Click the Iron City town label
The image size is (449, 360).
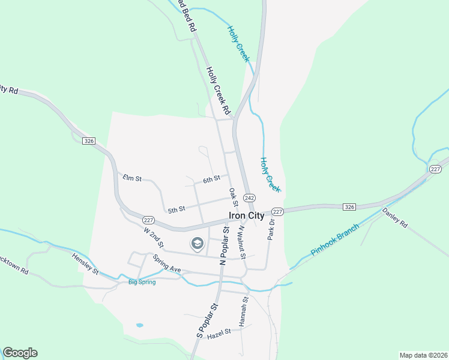(246, 216)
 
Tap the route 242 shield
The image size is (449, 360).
(250, 198)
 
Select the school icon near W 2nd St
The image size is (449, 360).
(196, 244)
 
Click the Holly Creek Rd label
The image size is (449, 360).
(218, 91)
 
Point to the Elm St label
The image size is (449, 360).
(131, 178)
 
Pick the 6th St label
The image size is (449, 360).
(212, 179)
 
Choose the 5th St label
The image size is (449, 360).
(176, 209)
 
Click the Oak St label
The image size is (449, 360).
(233, 196)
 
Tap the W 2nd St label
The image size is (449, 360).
(153, 236)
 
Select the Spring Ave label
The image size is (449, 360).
(166, 265)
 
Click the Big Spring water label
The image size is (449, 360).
(142, 282)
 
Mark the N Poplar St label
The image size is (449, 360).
(224, 245)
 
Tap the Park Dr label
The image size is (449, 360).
(271, 230)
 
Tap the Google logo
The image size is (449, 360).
(20, 353)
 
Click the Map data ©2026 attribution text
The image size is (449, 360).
(423, 355)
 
